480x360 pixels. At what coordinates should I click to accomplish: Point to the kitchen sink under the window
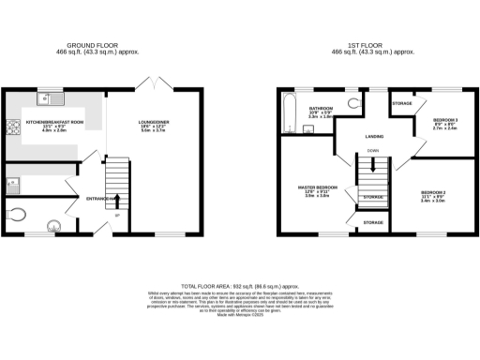click(x=47, y=97)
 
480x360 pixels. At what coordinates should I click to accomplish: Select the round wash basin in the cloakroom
click(x=54, y=223)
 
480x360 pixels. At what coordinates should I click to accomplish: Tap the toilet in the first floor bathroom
click(x=353, y=103)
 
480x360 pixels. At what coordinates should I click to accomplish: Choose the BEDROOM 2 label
click(x=432, y=193)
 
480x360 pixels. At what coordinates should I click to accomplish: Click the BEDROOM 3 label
click(x=444, y=120)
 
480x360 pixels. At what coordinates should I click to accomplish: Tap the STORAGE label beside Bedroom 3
click(x=403, y=102)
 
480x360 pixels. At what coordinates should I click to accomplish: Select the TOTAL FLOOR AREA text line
click(x=240, y=283)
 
